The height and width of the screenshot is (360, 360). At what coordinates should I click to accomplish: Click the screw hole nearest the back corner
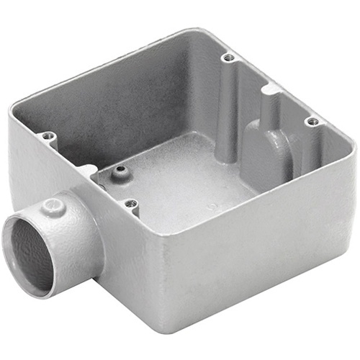(x=228, y=58)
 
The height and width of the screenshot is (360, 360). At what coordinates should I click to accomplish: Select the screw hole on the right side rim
(x=312, y=122)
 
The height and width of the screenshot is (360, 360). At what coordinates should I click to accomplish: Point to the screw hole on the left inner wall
(x=48, y=136)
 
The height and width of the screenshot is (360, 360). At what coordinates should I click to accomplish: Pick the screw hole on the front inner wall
(x=130, y=204)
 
